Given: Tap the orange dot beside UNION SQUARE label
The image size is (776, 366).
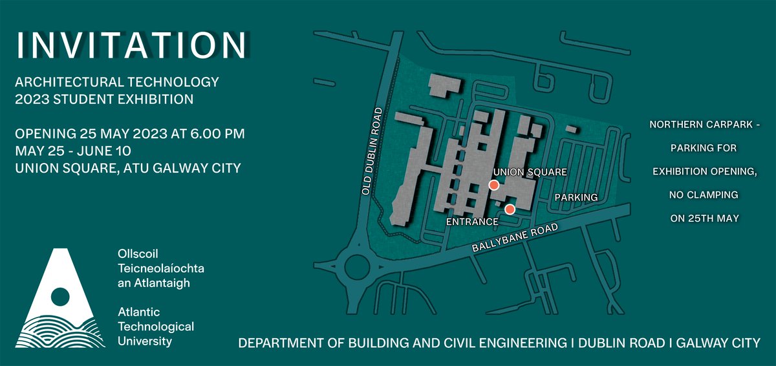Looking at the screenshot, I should [493, 186].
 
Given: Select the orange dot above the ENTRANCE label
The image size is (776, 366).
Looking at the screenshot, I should [510, 209].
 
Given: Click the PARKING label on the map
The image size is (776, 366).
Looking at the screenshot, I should [575, 197].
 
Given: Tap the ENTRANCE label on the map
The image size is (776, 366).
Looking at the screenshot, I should [472, 221].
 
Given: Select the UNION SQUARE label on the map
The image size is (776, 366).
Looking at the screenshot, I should [530, 173].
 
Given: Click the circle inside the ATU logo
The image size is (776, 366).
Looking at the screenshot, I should [59, 297].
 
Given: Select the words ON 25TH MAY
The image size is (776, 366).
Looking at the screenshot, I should [704, 219].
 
